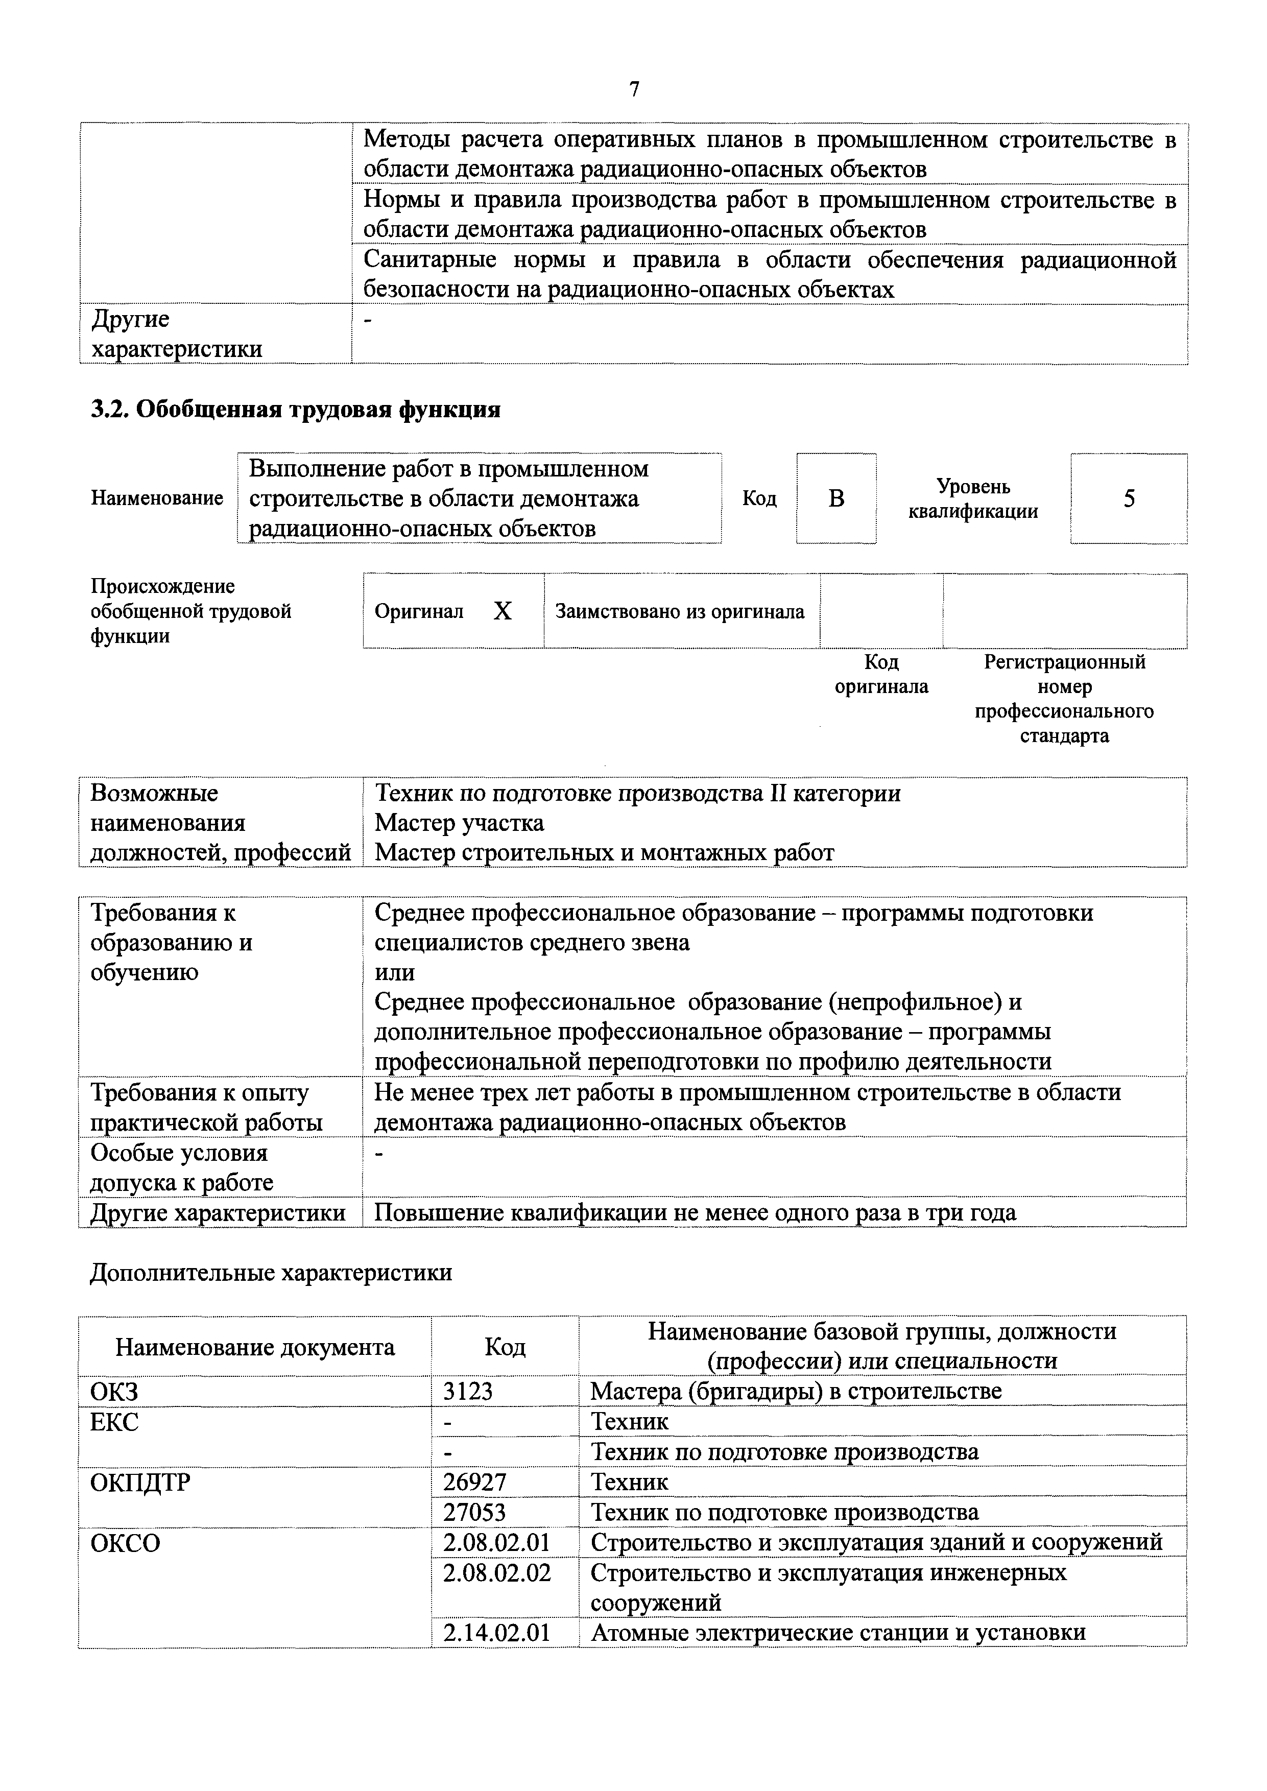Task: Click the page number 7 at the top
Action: click(633, 90)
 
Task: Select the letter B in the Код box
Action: click(836, 498)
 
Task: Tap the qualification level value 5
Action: click(1129, 498)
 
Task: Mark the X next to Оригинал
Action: click(503, 611)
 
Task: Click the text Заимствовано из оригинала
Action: click(680, 612)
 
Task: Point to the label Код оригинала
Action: click(881, 674)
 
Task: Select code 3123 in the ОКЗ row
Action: click(468, 1391)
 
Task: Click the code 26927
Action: click(474, 1482)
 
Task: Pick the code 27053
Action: click(474, 1512)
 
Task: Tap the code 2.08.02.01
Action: click(497, 1542)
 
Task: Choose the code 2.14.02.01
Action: click(497, 1633)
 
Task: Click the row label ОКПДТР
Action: click(140, 1482)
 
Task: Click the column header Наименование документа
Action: click(255, 1347)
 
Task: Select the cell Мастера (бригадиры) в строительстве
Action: click(796, 1391)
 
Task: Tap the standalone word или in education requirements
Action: click(395, 972)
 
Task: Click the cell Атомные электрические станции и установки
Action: click(838, 1633)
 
